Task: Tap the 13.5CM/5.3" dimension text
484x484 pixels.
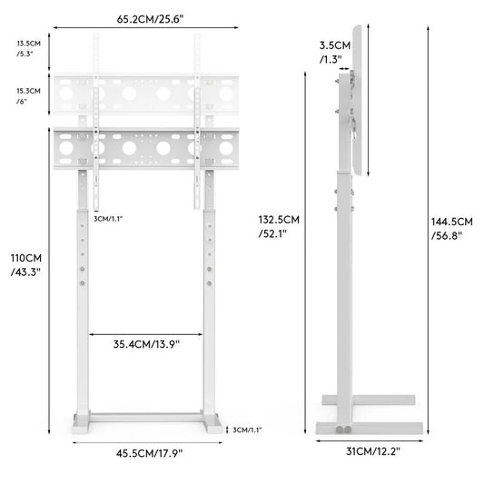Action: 26,47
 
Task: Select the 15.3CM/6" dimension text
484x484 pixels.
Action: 27,95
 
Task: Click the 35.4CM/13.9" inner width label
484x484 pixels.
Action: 146,344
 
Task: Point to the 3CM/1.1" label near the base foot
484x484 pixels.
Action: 246,430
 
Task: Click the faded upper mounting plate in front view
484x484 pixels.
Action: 145,94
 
